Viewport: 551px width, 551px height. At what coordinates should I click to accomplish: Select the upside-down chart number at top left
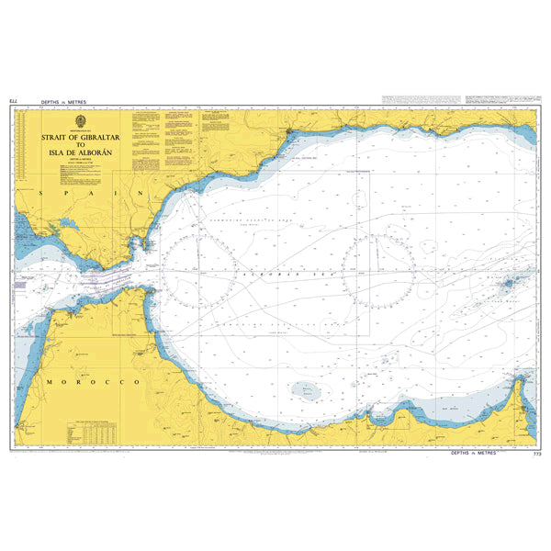pos(12,101)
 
